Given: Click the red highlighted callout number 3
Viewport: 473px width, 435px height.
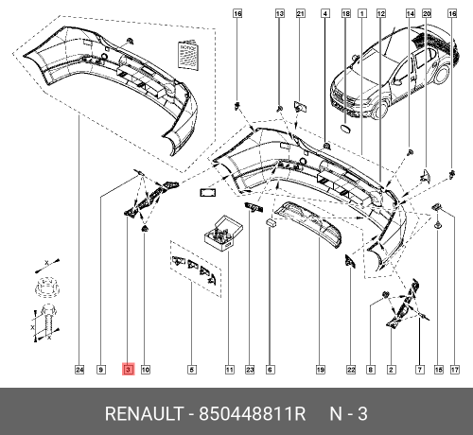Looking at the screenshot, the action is click(x=128, y=369).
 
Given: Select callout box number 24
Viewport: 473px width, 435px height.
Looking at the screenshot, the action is click(x=79, y=370).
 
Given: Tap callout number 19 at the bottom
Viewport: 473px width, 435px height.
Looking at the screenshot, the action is click(x=321, y=370).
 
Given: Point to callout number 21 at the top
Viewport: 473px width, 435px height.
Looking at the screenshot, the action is click(x=301, y=13).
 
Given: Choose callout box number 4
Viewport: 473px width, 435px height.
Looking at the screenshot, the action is click(x=325, y=13).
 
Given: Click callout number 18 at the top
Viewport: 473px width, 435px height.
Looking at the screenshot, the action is click(x=346, y=13).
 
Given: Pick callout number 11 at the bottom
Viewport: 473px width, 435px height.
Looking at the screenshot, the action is click(x=230, y=370).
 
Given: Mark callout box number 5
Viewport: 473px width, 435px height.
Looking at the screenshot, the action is click(x=192, y=370).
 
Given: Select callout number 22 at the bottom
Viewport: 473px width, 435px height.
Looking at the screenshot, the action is click(x=351, y=370).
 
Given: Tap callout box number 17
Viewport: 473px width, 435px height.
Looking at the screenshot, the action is click(x=454, y=370).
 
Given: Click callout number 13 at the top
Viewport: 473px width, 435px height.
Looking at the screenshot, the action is click(x=280, y=13).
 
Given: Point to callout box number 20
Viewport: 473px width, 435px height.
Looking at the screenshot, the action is click(x=427, y=13).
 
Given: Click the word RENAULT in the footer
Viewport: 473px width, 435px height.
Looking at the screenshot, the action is click(x=144, y=413).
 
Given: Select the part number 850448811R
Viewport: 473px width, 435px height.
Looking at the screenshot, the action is click(x=253, y=413).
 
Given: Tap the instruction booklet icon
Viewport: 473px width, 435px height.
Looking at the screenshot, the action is click(x=188, y=54).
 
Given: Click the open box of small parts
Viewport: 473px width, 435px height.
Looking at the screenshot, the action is click(x=223, y=234).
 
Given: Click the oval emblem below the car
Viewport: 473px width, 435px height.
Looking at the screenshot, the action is click(x=345, y=128).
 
